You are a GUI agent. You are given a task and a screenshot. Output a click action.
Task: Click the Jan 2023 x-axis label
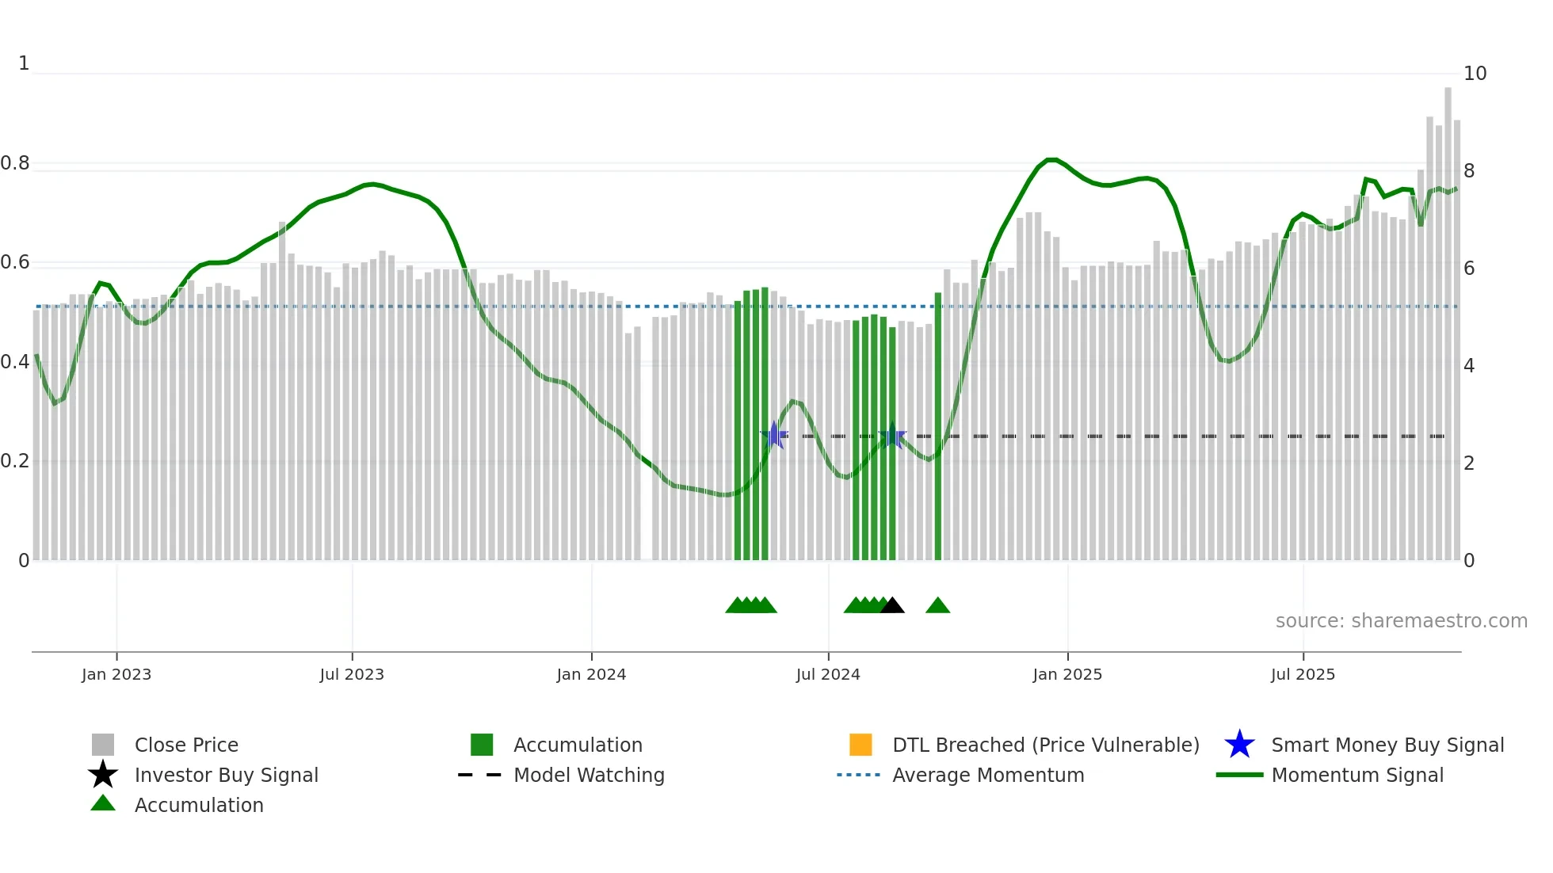coord(116,674)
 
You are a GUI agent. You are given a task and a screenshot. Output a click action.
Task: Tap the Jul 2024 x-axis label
coord(828,674)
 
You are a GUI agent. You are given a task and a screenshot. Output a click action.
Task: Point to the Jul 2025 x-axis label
coord(1303,674)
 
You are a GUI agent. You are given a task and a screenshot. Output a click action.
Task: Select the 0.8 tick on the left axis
coord(15,164)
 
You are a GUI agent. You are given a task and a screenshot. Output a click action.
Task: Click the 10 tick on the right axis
coord(1475,74)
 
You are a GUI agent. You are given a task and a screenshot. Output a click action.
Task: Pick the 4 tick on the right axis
coord(1469,366)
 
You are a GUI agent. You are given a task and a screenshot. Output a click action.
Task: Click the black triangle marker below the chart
coord(892,606)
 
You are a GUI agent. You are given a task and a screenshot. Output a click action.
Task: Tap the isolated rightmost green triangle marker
coord(937,606)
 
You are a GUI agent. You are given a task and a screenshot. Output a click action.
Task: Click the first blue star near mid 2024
coord(774,435)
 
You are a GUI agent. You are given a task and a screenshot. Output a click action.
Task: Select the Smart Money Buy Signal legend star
coord(1239,745)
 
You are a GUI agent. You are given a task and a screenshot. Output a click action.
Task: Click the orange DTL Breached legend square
coord(860,745)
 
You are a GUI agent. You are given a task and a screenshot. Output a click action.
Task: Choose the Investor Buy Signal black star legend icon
coord(103,775)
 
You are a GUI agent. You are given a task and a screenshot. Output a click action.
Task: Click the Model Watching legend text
coord(589,775)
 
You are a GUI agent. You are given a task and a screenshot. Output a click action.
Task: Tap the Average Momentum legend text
coord(988,775)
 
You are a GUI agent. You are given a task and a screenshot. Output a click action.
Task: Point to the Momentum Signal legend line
coord(1239,775)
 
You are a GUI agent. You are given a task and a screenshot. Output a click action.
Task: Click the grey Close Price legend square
coord(103,745)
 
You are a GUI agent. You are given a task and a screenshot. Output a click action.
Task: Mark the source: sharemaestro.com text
coord(1401,621)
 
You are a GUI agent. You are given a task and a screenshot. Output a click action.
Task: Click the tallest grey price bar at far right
coord(1448,317)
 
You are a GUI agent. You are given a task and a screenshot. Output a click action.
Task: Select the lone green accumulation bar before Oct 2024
coord(938,428)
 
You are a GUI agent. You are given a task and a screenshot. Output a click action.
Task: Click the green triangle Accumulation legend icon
coord(103,804)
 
